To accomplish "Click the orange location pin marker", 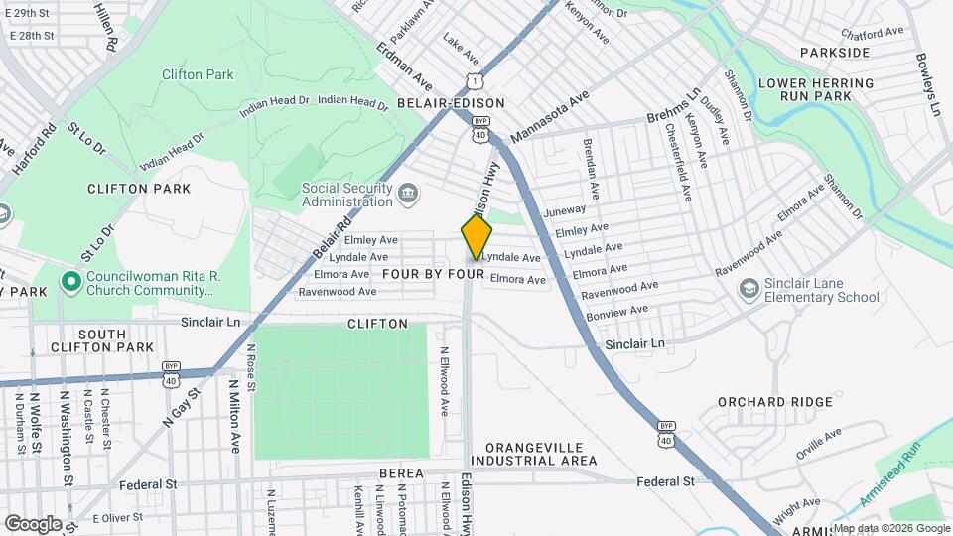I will (x=477, y=237).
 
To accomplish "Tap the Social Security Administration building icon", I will (x=408, y=192).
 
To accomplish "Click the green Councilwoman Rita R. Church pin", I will (x=70, y=282).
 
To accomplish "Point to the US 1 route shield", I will (x=477, y=81).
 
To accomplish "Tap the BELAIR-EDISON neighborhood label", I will (x=451, y=103).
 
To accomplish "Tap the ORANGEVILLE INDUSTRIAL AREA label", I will (x=534, y=454).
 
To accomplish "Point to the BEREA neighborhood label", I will (x=401, y=474).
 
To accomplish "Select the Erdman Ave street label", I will (x=405, y=66).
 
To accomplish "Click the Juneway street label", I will (x=566, y=209).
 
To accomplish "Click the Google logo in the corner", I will (x=33, y=523).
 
